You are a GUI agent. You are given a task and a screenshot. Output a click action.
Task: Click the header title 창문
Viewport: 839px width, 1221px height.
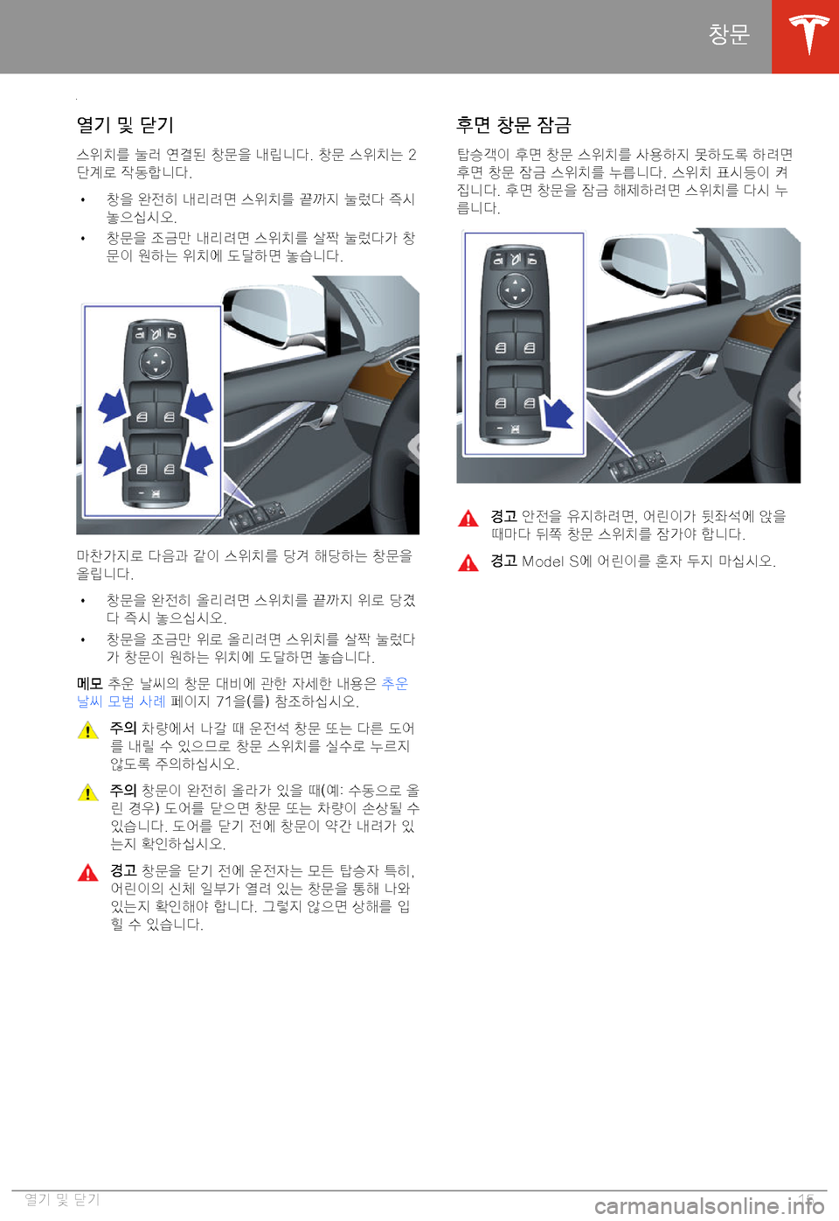click(729, 34)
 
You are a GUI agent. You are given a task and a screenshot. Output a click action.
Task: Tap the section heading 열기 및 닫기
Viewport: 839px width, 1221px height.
click(125, 125)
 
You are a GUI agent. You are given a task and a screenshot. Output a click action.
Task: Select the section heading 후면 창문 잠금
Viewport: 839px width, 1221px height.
click(513, 125)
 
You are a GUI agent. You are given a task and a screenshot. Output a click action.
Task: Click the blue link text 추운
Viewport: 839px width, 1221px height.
click(395, 683)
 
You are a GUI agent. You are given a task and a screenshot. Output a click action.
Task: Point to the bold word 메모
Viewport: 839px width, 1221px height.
click(90, 683)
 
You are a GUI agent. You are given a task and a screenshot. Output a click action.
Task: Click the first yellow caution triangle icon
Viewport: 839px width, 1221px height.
click(87, 729)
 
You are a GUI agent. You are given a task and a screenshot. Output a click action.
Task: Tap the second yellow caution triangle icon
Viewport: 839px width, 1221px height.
click(87, 792)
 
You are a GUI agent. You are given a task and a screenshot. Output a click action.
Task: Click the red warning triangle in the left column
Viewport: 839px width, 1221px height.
click(87, 872)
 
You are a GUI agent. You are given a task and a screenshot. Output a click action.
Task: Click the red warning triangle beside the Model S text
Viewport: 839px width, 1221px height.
click(468, 562)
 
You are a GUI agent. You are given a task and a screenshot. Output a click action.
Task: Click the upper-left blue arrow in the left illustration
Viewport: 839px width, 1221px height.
click(113, 406)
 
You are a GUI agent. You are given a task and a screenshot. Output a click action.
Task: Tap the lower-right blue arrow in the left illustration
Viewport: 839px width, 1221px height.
click(198, 458)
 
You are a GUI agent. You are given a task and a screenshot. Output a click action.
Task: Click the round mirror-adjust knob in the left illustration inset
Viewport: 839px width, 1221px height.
click(156, 362)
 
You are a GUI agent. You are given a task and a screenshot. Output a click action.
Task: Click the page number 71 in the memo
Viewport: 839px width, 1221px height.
click(225, 701)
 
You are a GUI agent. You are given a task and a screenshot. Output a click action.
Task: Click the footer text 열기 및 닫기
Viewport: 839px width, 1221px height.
click(62, 1199)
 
